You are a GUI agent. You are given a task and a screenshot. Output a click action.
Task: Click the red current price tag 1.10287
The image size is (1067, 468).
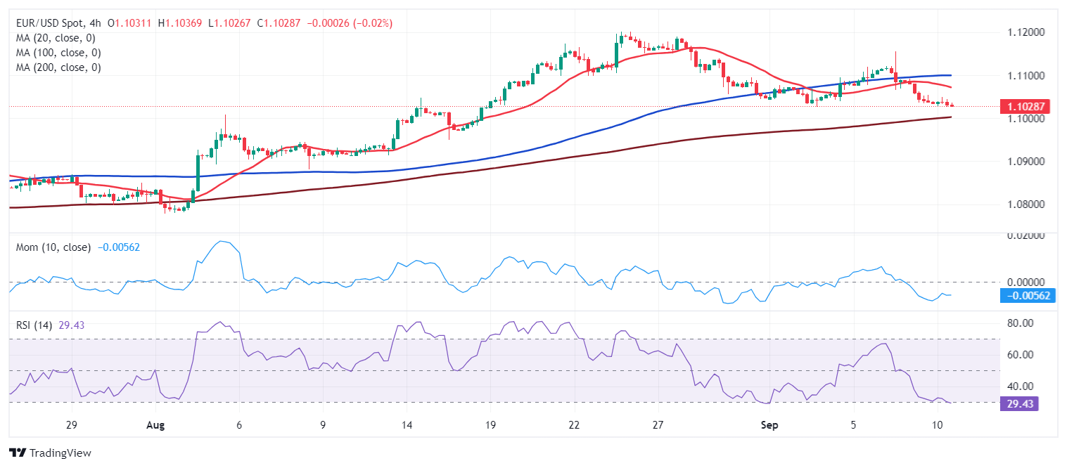[x=1025, y=107]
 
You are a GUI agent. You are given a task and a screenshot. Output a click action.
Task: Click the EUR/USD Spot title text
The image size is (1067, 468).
[x=48, y=23]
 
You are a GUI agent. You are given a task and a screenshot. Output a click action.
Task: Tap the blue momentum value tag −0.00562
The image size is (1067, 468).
[x=1028, y=296]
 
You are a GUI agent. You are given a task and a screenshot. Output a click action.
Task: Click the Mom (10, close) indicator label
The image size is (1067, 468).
[x=53, y=247]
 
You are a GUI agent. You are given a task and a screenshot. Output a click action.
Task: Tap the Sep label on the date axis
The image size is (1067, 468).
[x=769, y=426]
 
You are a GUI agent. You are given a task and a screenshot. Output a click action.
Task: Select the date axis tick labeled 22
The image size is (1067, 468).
[x=574, y=426]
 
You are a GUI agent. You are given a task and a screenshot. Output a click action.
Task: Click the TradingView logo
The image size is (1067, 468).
[x=50, y=453]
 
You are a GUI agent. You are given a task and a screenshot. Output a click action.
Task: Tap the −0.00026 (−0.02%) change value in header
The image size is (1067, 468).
[x=350, y=23]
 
